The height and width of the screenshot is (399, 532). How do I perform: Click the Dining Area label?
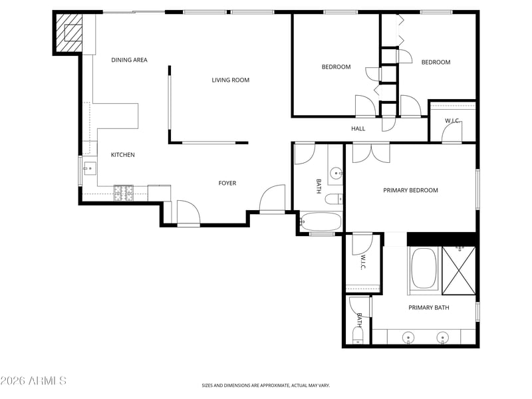point(129,60)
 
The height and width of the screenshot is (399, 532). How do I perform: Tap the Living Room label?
point(230,80)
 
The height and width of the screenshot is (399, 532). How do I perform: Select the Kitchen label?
point(123,155)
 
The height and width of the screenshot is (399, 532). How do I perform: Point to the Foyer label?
point(227,184)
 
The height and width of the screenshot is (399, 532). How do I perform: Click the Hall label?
point(358,128)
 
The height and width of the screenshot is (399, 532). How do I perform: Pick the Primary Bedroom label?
point(410,190)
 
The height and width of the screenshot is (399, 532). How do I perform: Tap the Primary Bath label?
point(429,308)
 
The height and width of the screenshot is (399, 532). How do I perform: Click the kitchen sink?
point(90,169)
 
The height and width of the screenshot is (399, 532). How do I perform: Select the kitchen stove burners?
point(124,193)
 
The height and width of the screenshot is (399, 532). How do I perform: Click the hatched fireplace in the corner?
point(68,33)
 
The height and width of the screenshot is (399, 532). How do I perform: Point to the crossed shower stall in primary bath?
point(459,271)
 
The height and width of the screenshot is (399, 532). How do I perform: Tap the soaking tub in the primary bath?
point(424,268)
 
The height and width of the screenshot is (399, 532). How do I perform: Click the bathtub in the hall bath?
point(321,222)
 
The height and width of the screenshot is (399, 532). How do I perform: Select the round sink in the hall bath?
point(336,174)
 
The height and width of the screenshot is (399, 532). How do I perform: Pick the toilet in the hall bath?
point(334,199)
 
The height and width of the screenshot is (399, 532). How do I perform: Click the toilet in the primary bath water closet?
point(358,336)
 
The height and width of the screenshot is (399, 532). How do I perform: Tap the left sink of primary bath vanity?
point(408,338)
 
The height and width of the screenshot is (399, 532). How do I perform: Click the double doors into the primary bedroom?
point(371,153)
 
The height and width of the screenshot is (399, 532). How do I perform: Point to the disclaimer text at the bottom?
point(265,386)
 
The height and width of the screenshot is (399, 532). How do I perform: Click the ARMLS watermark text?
point(33,380)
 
